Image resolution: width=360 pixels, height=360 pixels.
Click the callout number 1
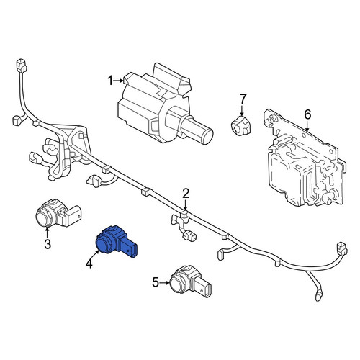(110, 81)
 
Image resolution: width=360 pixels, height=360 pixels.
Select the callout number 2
(186, 194)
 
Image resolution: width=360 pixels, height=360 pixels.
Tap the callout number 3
(48, 244)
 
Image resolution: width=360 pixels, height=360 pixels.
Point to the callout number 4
(89, 264)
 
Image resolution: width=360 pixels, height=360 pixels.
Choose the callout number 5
(156, 282)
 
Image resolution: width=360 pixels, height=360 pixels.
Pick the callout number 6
(307, 114)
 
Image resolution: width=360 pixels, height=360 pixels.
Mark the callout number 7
(243, 99)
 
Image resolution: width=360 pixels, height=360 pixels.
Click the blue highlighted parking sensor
(117, 241)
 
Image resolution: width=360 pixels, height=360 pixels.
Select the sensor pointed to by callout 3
(58, 213)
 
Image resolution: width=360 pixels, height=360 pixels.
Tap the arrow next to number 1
(119, 81)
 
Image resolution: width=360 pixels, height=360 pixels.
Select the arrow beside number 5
(165, 283)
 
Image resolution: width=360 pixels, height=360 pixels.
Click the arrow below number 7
(242, 110)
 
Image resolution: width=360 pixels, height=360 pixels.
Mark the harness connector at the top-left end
(22, 66)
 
